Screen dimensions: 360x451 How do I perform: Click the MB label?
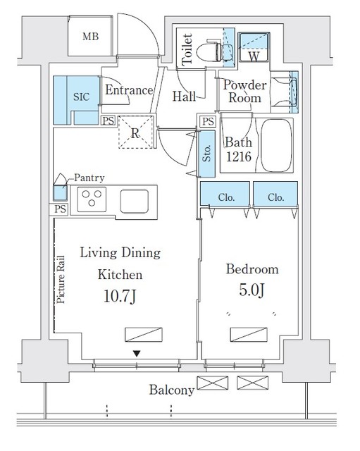(x=91, y=37)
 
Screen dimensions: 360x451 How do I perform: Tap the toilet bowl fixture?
(x=209, y=52)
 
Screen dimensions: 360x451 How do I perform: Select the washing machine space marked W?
(x=254, y=47)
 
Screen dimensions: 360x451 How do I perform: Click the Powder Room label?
(x=245, y=91)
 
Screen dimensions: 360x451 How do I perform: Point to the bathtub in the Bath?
(x=276, y=146)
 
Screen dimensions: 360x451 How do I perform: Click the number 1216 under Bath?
(x=239, y=156)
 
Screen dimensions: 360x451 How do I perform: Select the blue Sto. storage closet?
(x=206, y=154)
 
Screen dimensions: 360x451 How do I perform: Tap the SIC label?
(x=82, y=97)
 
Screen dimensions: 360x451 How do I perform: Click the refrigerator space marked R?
(x=135, y=132)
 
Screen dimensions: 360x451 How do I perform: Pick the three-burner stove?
(x=92, y=199)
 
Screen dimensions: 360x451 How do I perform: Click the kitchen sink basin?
(x=135, y=202)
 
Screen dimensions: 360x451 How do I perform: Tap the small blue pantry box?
(x=60, y=193)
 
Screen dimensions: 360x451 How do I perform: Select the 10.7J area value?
(x=120, y=296)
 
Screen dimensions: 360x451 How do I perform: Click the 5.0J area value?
(x=252, y=290)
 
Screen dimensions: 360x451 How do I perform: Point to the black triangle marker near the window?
(x=137, y=354)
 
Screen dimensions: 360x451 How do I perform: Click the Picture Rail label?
(x=61, y=280)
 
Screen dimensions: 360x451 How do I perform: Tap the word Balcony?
(x=172, y=390)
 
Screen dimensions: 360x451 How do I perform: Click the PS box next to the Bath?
(x=208, y=121)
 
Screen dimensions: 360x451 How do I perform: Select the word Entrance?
(x=129, y=90)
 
